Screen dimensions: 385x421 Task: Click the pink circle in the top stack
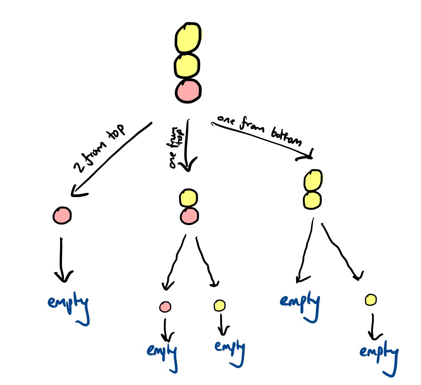point(188,91)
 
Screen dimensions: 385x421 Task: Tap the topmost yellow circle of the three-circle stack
point(188,38)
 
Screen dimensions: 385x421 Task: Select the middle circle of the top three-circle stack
point(187,66)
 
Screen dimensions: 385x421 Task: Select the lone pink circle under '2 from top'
point(62,215)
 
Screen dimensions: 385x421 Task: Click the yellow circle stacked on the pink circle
point(188,198)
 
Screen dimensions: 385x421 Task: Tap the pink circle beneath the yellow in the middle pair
point(189,216)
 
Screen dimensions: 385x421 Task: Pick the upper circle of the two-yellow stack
point(312,180)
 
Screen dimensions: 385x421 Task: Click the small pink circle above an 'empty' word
point(165,306)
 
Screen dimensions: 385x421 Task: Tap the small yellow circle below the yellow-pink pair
point(219,306)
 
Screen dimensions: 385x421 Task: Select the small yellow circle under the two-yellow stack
point(370,300)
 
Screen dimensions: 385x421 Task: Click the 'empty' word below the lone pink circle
point(68,304)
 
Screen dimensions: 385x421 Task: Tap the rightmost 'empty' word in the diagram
point(378,353)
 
